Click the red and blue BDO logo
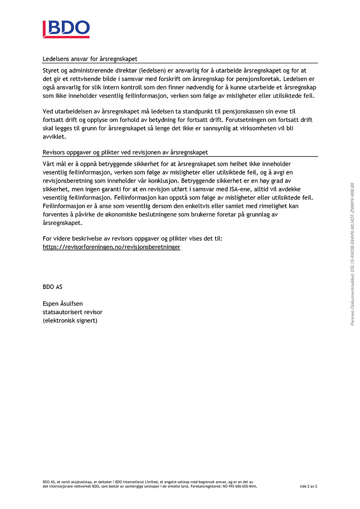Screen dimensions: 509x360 pyautogui.click(x=66, y=29)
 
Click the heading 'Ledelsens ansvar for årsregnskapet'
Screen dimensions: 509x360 pyautogui.click(x=90, y=59)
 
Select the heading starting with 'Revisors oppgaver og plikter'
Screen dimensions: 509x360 pyautogui.click(x=125, y=152)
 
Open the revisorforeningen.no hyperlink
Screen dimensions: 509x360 pyautogui.click(x=111, y=247)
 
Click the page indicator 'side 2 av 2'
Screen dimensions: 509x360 pyautogui.click(x=309, y=486)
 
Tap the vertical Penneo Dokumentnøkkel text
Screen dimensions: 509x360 pyautogui.click(x=352, y=254)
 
